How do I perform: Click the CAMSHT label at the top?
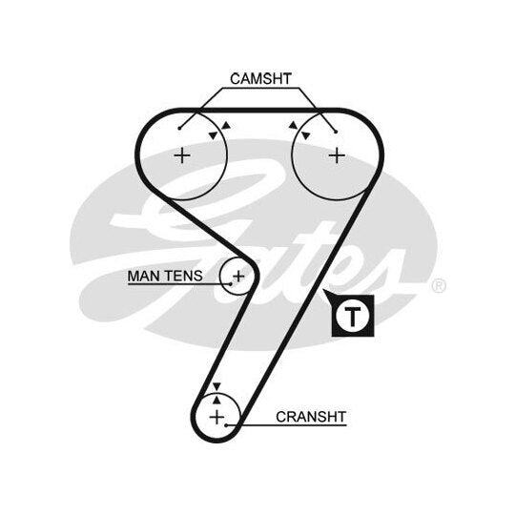click(260, 79)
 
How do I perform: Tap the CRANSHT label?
click(311, 417)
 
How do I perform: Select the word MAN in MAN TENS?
click(143, 276)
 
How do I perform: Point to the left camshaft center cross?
click(182, 155)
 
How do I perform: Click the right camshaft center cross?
click(337, 155)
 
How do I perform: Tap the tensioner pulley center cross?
click(238, 276)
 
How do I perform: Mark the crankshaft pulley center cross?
click(216, 417)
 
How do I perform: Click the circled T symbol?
click(353, 316)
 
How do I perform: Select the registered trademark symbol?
click(439, 285)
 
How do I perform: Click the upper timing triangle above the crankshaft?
click(216, 387)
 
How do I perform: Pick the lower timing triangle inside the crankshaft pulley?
click(216, 400)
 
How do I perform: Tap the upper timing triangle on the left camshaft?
click(226, 126)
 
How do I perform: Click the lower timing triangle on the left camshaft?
click(214, 135)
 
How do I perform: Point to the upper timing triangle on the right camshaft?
click(293, 125)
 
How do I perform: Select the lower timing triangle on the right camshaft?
click(306, 135)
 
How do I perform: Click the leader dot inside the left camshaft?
click(179, 128)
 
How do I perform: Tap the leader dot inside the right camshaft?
click(336, 132)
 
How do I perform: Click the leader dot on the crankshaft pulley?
click(226, 425)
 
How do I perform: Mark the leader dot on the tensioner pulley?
click(231, 284)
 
